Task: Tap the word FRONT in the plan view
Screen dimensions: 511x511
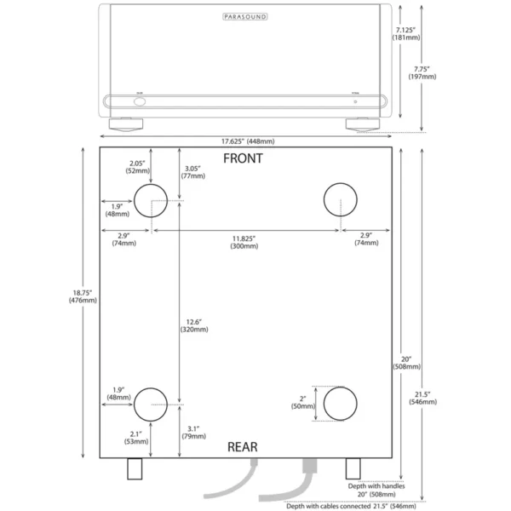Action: (243, 158)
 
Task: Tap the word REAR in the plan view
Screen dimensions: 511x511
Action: (243, 446)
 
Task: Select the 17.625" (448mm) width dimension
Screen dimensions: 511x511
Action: (242, 141)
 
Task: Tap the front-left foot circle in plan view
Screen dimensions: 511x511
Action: (151, 199)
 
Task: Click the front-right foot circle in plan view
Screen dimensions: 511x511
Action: (341, 199)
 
